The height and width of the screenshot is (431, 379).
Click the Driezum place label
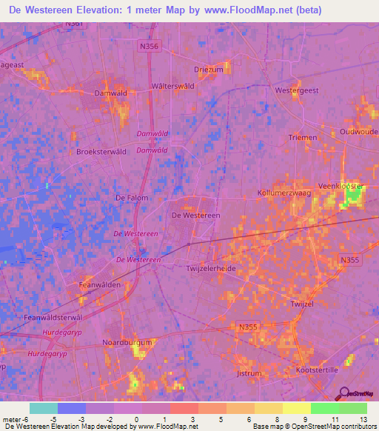(208, 69)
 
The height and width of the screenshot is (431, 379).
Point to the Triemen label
(303, 138)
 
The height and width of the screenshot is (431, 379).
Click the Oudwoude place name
(358, 131)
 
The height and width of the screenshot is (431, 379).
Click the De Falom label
(132, 198)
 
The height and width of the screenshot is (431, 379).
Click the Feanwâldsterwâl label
(53, 317)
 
